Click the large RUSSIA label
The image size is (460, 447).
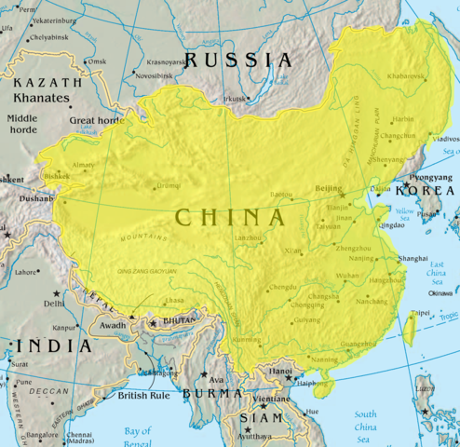[238, 61]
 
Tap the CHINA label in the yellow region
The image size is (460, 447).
[230, 218]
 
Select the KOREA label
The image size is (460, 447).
[424, 190]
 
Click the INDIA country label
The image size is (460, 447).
[51, 345]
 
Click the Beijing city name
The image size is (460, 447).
[330, 189]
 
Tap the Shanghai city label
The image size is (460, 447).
[412, 258]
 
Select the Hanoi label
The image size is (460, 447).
[282, 370]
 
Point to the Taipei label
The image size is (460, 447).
[423, 313]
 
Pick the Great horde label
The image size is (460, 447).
[96, 120]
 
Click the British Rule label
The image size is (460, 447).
[143, 396]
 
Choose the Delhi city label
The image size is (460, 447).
[54, 304]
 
